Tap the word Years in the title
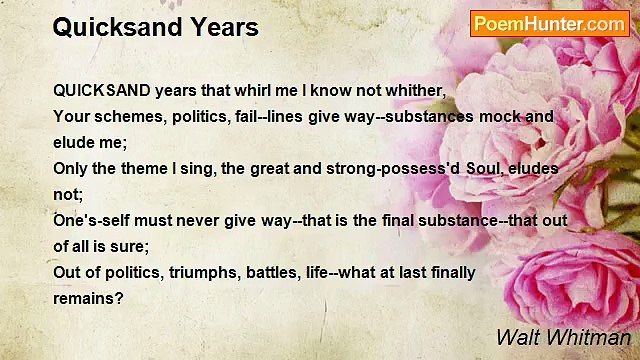[226, 27]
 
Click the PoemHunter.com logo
[549, 24]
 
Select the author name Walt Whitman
[563, 337]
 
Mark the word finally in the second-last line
[448, 272]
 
